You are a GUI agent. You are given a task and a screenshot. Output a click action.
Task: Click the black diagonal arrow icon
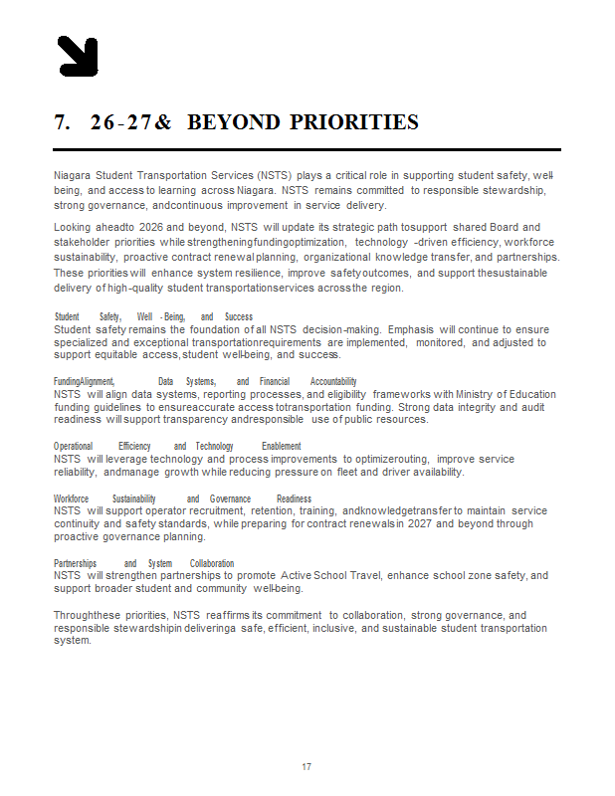click(78, 56)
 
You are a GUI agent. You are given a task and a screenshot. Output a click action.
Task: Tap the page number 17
click(307, 767)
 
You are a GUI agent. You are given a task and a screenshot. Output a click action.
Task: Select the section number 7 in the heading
click(62, 122)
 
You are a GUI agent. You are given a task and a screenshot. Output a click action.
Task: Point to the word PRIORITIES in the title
click(354, 122)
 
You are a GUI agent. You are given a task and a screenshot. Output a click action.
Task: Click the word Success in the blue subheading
click(239, 317)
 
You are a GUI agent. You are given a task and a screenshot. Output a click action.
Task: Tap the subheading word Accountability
click(333, 382)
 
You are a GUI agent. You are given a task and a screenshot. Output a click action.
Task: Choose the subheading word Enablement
click(282, 447)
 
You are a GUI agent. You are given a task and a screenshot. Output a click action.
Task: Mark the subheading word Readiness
click(295, 498)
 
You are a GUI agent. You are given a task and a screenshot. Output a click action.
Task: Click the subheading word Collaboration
click(212, 563)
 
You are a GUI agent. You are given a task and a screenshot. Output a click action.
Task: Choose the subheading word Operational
click(74, 447)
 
